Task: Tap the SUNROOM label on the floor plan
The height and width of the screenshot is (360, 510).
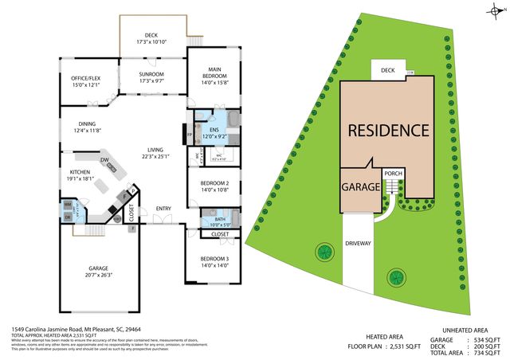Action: click(x=151, y=74)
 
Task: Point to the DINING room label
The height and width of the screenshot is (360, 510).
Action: click(x=88, y=123)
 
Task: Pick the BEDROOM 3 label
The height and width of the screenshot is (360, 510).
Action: click(x=215, y=260)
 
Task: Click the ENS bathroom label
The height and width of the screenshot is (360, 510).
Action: click(x=214, y=130)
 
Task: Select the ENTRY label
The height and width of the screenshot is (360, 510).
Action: click(x=163, y=209)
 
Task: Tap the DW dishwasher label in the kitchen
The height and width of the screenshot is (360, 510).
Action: click(x=104, y=159)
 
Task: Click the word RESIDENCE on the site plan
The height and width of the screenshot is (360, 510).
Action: click(x=387, y=129)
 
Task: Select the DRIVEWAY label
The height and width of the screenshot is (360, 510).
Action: click(x=359, y=243)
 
